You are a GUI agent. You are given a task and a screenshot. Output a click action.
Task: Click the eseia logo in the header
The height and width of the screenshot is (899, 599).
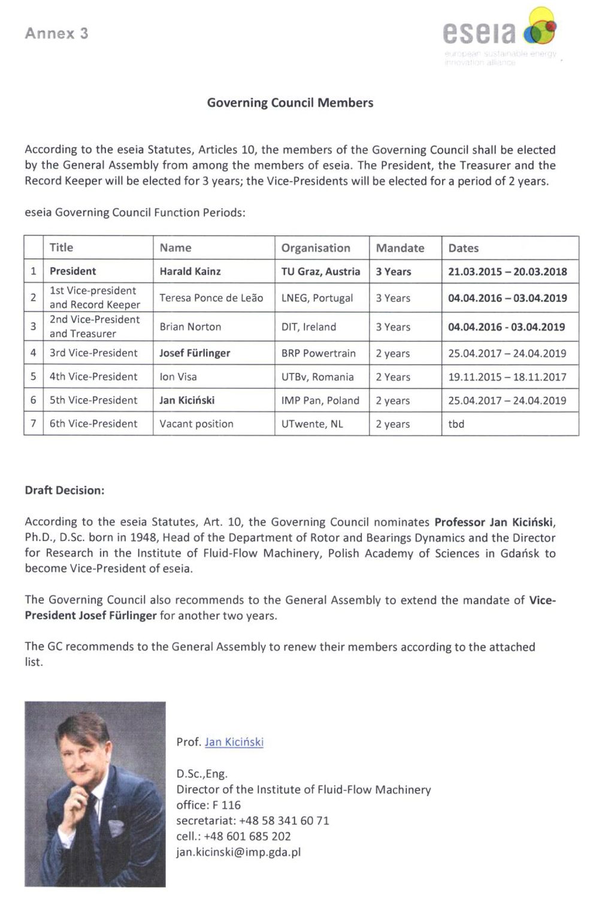pyautogui.click(x=500, y=35)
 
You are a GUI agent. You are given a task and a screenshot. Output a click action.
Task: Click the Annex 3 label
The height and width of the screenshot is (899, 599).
pyautogui.click(x=56, y=34)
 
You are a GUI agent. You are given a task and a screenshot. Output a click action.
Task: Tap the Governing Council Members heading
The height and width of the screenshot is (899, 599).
pyautogui.click(x=290, y=102)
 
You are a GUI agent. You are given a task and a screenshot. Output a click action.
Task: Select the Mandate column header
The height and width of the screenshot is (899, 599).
pyautogui.click(x=400, y=248)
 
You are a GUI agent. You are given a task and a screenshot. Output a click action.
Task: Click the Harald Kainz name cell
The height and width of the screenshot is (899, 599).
pyautogui.click(x=190, y=271)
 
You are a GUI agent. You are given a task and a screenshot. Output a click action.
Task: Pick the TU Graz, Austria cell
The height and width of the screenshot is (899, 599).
pyautogui.click(x=321, y=271)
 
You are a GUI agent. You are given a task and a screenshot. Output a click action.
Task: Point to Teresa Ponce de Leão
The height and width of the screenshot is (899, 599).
pyautogui.click(x=211, y=298)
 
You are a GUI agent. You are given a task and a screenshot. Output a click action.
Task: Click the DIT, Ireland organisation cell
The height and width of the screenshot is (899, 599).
pyautogui.click(x=308, y=327)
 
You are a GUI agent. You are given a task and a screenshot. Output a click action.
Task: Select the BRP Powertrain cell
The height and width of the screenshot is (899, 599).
pyautogui.click(x=319, y=353)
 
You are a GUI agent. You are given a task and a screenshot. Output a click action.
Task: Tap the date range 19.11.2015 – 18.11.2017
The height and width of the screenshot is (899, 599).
pyautogui.click(x=507, y=377)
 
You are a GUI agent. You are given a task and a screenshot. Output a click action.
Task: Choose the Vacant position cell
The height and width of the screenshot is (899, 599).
pyautogui.click(x=196, y=424)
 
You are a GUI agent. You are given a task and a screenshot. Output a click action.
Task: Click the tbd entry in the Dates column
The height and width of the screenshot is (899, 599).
pyautogui.click(x=456, y=424)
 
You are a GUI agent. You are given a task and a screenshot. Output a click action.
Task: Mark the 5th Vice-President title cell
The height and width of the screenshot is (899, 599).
pyautogui.click(x=93, y=400)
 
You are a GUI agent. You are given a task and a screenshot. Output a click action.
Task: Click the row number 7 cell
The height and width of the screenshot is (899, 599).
pyautogui.click(x=34, y=424)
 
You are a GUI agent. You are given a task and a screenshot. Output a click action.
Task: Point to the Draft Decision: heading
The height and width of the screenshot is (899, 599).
pyautogui.click(x=65, y=490)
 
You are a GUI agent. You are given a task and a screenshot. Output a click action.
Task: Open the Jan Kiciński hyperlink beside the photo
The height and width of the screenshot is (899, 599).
pyautogui.click(x=234, y=742)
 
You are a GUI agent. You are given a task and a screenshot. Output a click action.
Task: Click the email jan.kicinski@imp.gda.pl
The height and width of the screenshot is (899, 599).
pyautogui.click(x=238, y=852)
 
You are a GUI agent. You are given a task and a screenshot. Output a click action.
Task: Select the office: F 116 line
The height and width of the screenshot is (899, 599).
pyautogui.click(x=208, y=805)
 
